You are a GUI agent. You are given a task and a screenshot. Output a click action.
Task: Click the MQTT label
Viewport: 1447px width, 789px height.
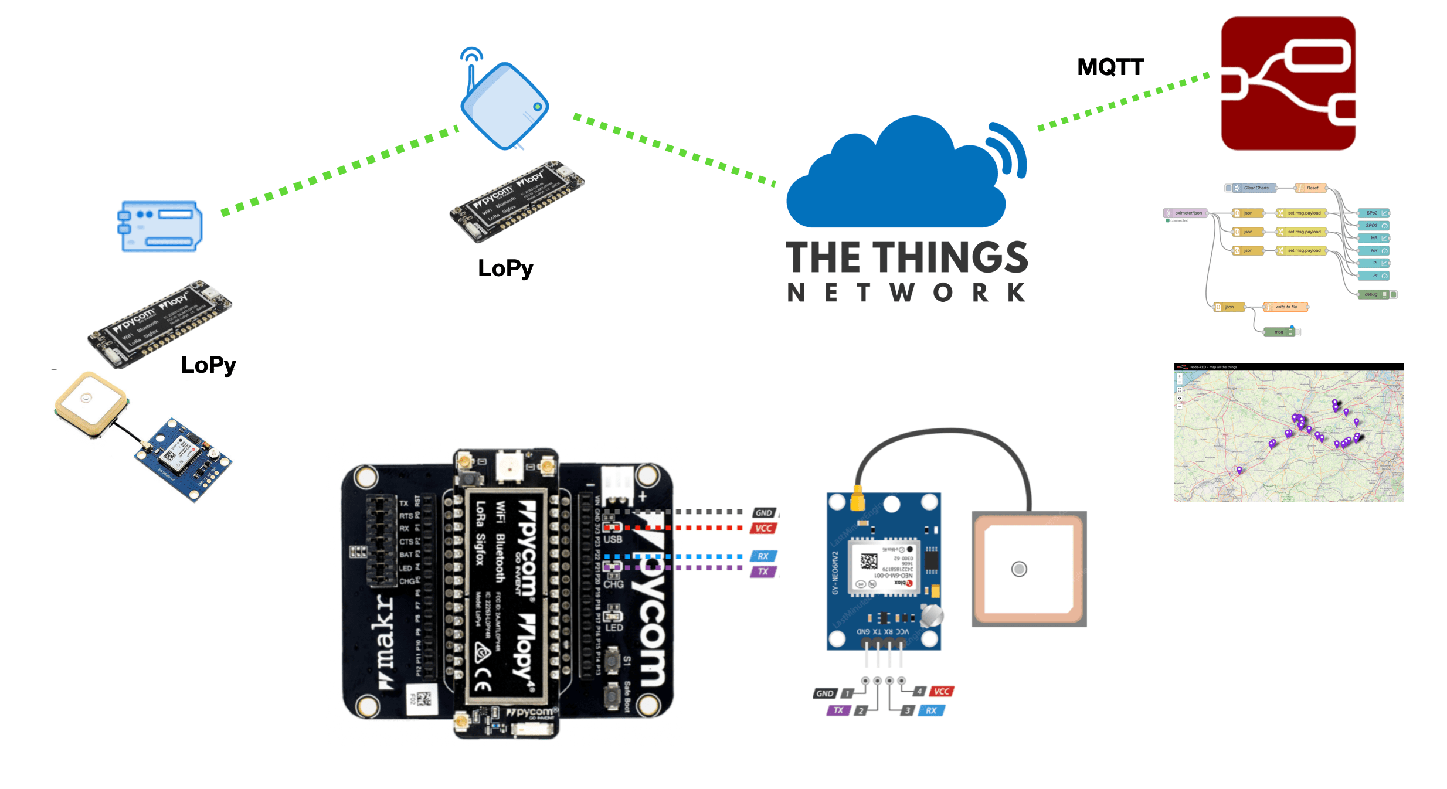(1110, 67)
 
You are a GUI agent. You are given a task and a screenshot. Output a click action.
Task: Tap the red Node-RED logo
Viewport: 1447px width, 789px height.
(1288, 83)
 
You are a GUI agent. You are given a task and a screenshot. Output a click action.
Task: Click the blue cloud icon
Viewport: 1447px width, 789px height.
(897, 176)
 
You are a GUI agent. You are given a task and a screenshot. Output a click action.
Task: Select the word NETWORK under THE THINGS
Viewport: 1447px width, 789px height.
(906, 293)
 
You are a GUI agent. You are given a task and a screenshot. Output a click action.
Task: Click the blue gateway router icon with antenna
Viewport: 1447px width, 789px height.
(504, 106)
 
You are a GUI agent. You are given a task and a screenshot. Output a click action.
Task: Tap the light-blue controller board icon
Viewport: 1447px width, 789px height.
(160, 226)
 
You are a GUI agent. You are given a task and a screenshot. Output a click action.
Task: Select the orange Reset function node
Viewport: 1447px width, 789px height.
(1310, 188)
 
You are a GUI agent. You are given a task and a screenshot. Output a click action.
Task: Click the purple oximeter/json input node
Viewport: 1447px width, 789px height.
(1186, 213)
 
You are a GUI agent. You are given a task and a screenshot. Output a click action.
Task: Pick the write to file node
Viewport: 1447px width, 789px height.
(1285, 307)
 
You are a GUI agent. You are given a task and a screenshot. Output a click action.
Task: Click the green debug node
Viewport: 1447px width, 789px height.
(1373, 294)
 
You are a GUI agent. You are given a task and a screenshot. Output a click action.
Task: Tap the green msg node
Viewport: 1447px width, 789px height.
(1280, 332)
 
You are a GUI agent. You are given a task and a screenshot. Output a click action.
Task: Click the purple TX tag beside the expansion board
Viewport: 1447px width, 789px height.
(763, 572)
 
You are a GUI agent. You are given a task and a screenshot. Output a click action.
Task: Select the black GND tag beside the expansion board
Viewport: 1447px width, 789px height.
(763, 513)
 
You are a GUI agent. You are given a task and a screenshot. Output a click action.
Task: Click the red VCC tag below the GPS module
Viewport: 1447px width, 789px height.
(941, 691)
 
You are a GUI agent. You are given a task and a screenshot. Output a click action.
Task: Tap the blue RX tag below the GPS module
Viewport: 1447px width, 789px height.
(931, 710)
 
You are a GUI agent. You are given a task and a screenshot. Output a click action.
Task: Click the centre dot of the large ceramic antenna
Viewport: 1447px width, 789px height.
(1019, 569)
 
